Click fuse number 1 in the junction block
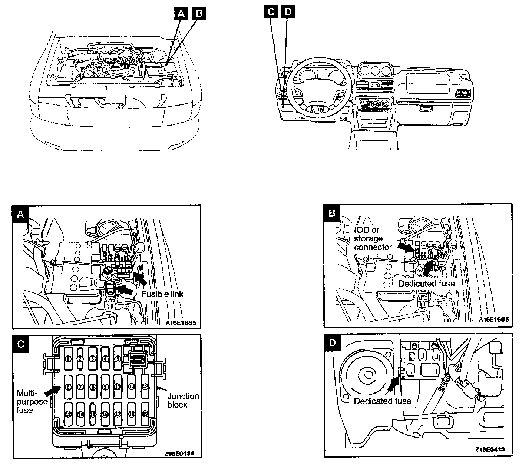[x=68, y=359]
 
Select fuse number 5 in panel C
[x=118, y=359]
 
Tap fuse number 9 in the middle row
[x=105, y=387]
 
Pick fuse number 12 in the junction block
[x=145, y=387]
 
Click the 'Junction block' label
[x=183, y=400]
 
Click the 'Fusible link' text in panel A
[x=162, y=294]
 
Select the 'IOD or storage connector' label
[x=373, y=239]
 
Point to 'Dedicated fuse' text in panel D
[x=383, y=401]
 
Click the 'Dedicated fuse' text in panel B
[x=426, y=284]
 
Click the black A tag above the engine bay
[x=181, y=13]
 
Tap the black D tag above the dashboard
[x=288, y=12]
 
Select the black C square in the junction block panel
[x=21, y=344]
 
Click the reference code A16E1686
[x=494, y=320]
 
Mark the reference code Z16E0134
[x=179, y=453]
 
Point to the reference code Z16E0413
[x=490, y=449]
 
